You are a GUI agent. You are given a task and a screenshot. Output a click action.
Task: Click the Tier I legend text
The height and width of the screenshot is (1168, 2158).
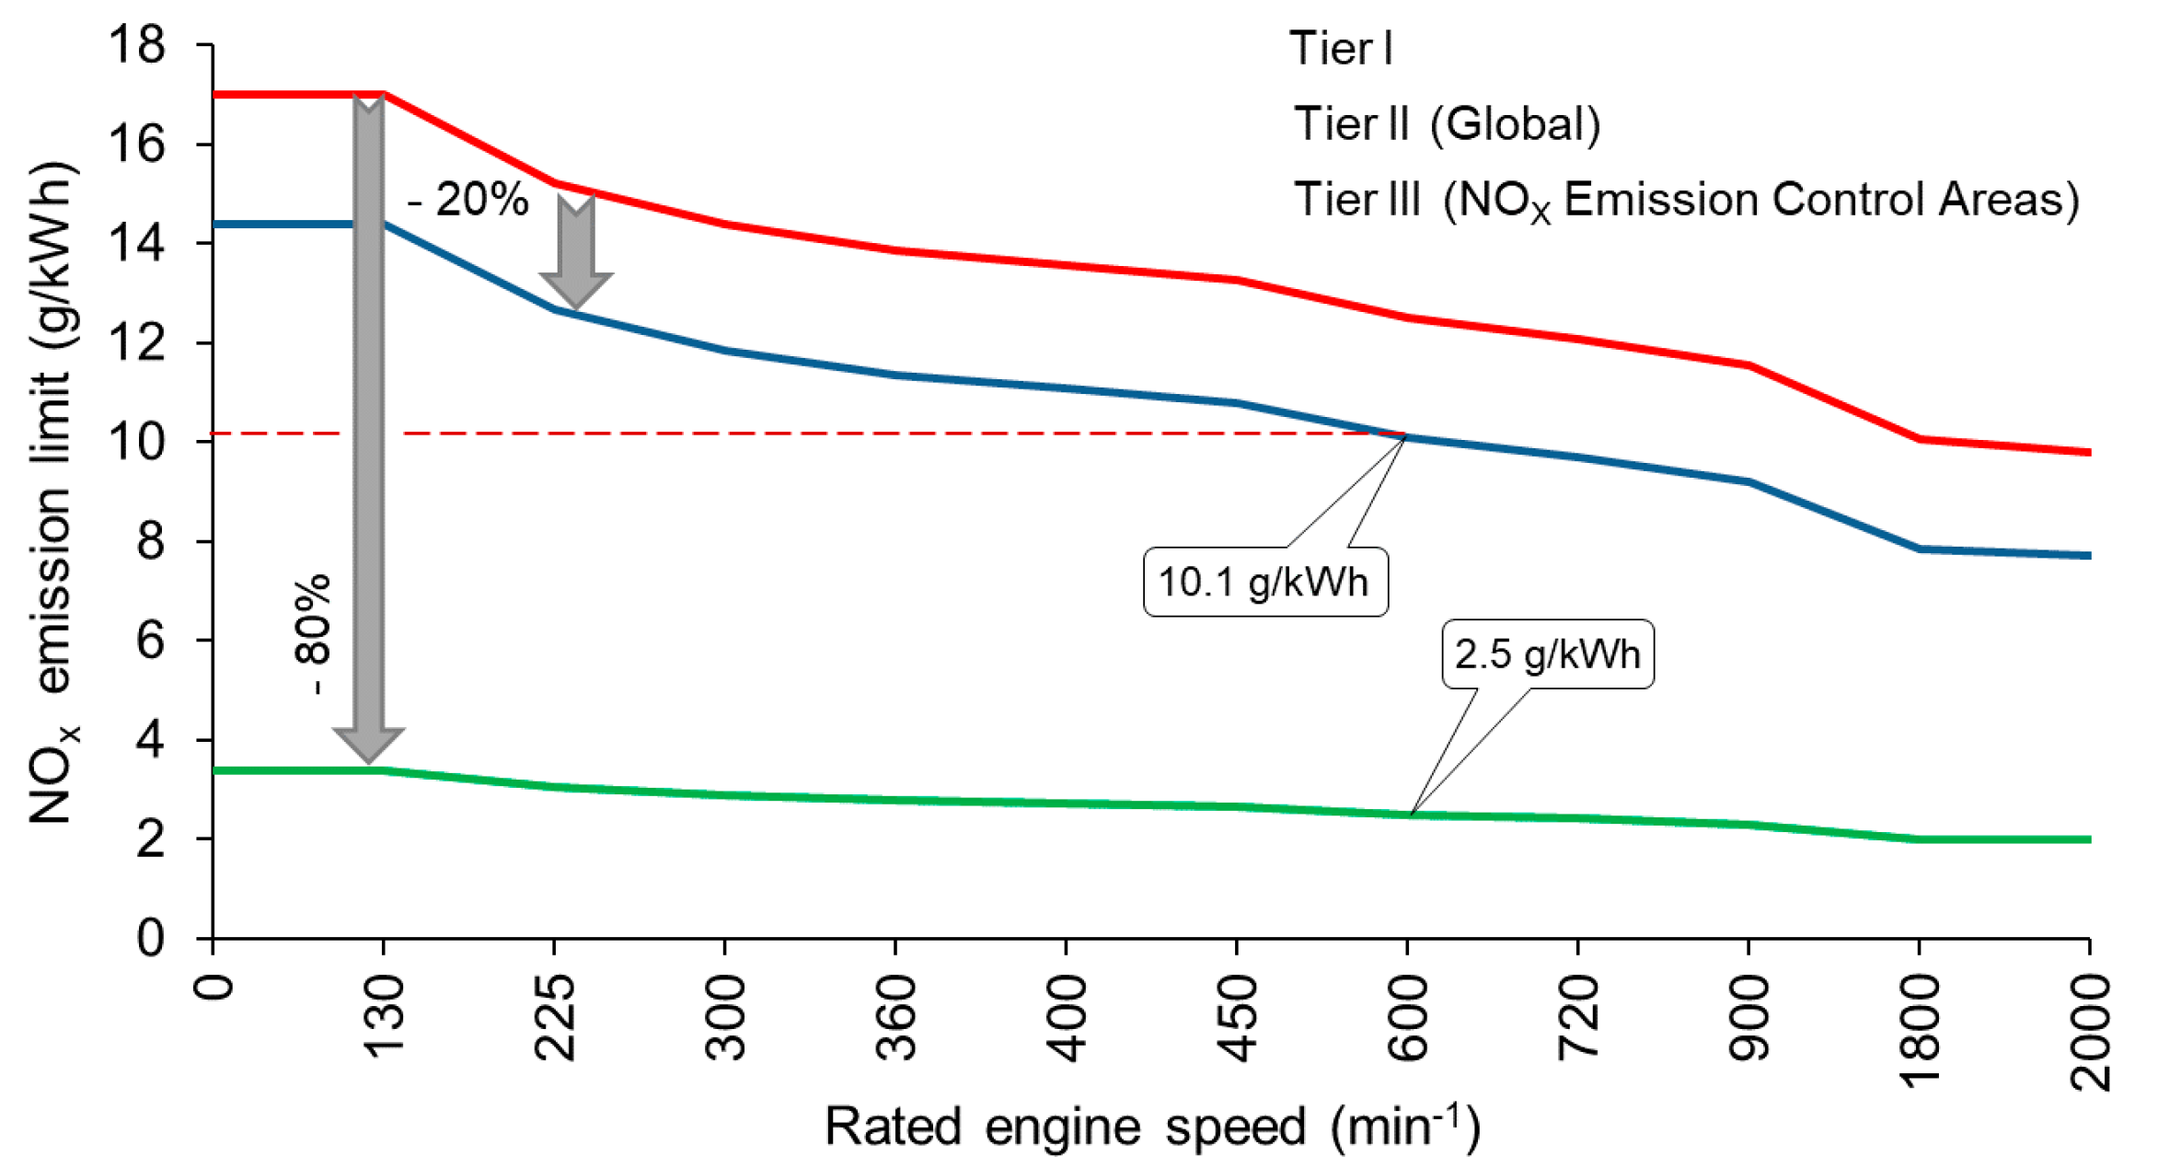click(1340, 48)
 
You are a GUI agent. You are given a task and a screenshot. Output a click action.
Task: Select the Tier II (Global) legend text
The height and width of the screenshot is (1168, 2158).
click(1447, 123)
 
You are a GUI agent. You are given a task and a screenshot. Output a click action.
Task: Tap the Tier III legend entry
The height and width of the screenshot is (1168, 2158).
click(1685, 200)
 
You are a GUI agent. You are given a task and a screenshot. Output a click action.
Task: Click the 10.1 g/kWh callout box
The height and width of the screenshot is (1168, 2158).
click(1264, 582)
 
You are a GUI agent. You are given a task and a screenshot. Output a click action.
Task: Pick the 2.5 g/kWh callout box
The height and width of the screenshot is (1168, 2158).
click(1547, 654)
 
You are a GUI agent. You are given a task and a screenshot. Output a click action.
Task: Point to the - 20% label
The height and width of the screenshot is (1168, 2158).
click(467, 200)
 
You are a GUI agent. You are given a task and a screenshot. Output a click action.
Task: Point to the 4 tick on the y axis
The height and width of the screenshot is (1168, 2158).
click(150, 739)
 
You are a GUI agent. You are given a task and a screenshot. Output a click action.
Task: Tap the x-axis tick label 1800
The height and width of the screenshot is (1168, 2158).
click(1919, 1031)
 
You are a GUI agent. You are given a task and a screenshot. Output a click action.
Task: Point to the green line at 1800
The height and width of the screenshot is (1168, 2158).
click(1919, 838)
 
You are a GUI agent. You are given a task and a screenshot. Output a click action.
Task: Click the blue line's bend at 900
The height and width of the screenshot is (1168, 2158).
click(1748, 481)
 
